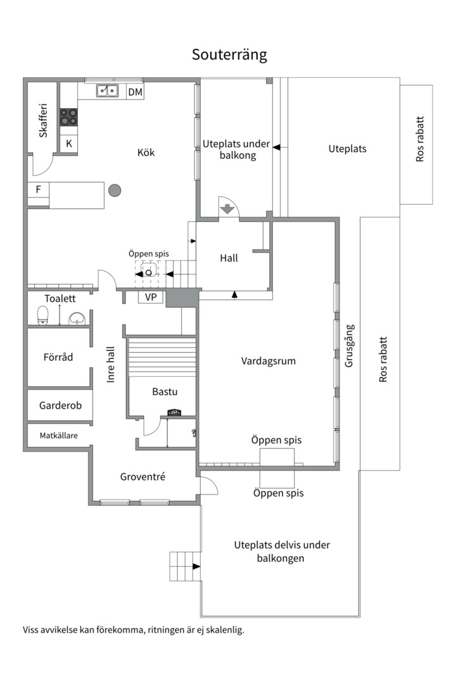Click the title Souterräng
point(229,55)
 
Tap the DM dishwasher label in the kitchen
point(135,92)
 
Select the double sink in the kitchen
point(107,91)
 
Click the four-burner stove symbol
point(68,117)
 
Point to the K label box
point(68,144)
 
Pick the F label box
point(38,189)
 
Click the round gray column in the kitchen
point(115,190)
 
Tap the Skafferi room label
point(43,120)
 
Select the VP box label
point(151,297)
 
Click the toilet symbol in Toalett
point(43,315)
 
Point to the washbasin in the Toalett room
point(77,318)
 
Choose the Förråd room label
point(58,357)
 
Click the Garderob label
point(60,405)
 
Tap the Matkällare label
point(59,435)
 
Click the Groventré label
point(142,477)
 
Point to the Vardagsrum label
point(269,361)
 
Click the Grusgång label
point(349,346)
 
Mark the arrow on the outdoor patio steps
point(196,566)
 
